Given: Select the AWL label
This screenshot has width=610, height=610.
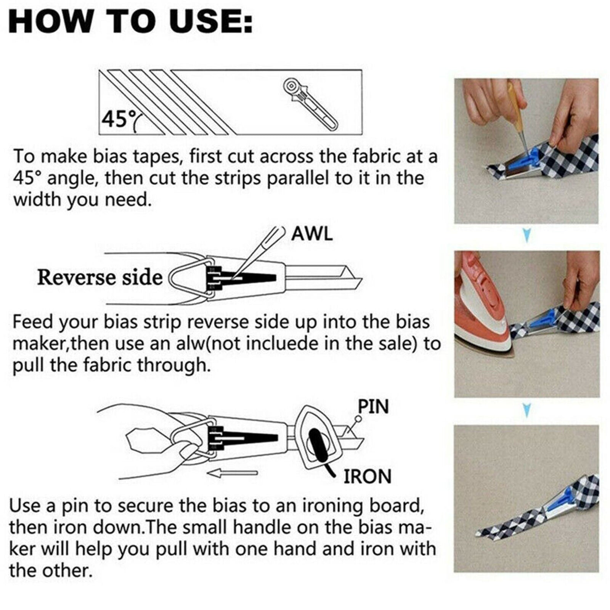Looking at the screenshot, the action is (312, 234).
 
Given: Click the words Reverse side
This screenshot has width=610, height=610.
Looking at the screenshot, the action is (100, 277).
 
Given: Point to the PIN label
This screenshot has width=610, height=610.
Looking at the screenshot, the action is (373, 407).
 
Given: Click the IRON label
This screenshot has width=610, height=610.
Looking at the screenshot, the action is (368, 476).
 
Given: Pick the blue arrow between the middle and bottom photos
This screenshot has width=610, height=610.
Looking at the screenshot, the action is (527, 410).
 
